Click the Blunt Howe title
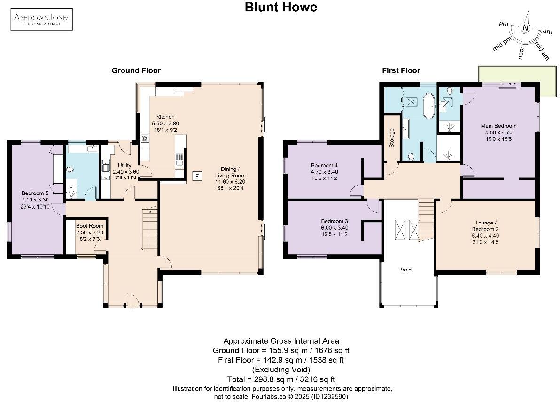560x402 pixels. click(280, 7)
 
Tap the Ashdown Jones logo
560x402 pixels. click(41, 19)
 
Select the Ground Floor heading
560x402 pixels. click(136, 70)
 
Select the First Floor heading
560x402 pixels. click(400, 70)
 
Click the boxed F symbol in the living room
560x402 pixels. click(198, 176)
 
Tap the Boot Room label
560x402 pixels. click(90, 226)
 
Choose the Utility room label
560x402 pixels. click(124, 165)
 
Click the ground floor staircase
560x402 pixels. click(149, 225)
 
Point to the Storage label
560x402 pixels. click(391, 138)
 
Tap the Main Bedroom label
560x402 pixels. click(498, 126)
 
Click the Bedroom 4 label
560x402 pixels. click(324, 165)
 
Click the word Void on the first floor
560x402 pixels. click(406, 270)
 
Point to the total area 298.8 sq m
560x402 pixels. click(280, 379)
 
